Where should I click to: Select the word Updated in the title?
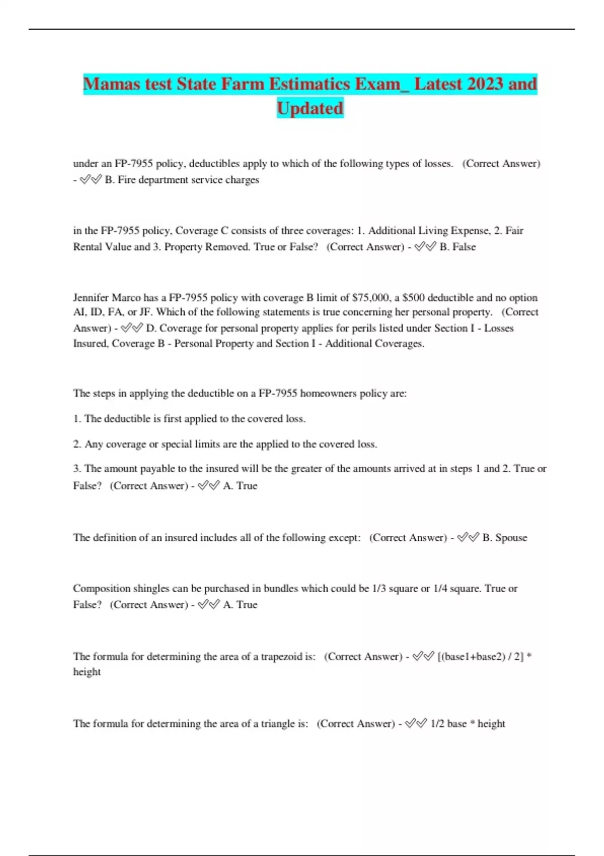click(x=310, y=108)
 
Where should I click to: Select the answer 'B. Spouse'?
click(x=504, y=538)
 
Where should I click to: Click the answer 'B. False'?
click(x=457, y=247)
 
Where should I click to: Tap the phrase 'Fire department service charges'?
click(x=188, y=180)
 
